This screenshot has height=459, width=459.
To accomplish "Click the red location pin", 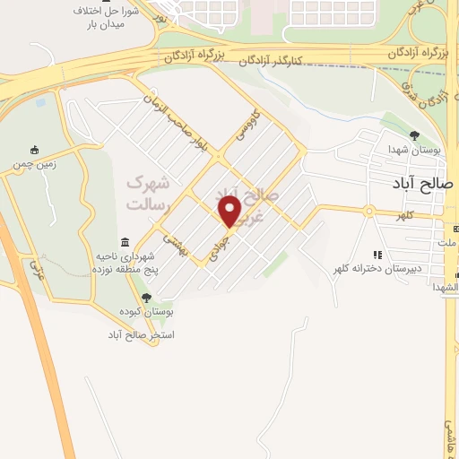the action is coord(230,212).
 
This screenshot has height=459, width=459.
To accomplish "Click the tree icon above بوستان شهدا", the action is coord(413,135).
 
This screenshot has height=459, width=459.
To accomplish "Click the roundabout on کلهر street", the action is coord(368,212).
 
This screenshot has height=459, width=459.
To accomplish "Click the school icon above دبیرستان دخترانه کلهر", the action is coord(377,255).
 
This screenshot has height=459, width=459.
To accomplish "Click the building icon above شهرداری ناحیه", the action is coord(124,243).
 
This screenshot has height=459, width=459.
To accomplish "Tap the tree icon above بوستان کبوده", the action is coord(146,297).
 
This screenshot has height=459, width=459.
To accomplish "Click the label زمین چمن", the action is coord(35,164).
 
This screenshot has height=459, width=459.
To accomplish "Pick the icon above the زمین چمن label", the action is coord(35,150).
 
